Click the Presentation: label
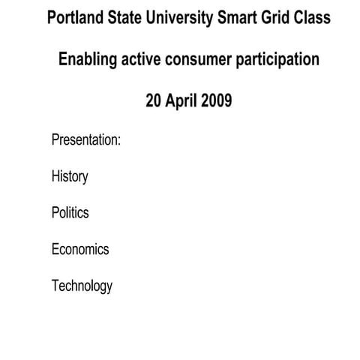tap(86, 140)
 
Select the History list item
tap(70, 177)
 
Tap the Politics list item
tap(70, 213)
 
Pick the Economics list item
tap(80, 249)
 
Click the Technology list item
tap(82, 286)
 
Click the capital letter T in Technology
tap(55, 285)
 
